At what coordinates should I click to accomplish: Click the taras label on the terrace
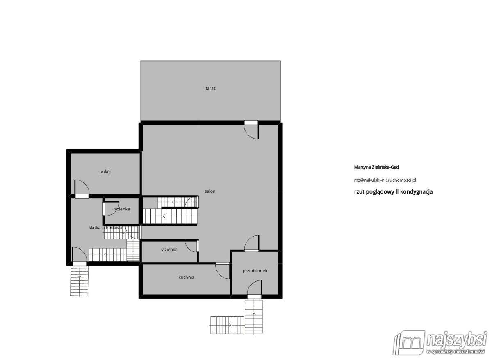tap(210, 88)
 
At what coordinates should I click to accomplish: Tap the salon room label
tap(210, 191)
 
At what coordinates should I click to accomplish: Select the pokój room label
tap(105, 172)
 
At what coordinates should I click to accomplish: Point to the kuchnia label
tap(186, 277)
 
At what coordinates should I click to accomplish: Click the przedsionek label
tap(255, 271)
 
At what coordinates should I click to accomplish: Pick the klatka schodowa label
tap(105, 228)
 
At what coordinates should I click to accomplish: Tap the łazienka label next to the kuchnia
tap(169, 250)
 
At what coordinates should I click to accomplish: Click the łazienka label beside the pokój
tap(121, 209)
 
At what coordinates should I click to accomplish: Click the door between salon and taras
tap(252, 130)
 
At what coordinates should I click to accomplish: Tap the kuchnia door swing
tap(223, 271)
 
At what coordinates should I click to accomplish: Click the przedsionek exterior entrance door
tap(254, 289)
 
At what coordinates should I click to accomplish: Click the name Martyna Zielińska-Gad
tap(376, 167)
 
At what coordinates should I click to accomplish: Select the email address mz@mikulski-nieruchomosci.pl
tap(385, 180)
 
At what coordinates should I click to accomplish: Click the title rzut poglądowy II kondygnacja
tap(393, 192)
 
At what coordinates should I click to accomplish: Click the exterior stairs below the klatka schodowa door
tap(79, 281)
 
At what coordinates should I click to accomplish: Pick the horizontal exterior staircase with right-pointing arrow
tap(227, 325)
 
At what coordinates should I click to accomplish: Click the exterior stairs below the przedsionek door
tap(254, 316)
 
